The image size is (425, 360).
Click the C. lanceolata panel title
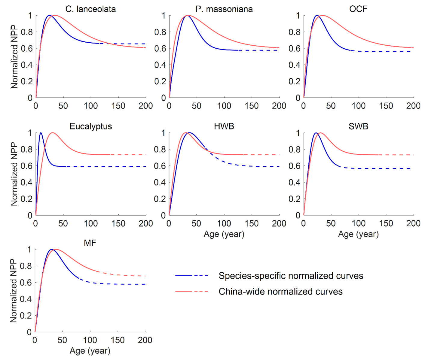coord(90,9)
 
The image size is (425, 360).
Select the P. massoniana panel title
coord(224,9)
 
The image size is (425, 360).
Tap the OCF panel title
coord(358,9)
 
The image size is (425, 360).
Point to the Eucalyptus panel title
coord(91,126)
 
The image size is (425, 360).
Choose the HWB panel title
coord(224,126)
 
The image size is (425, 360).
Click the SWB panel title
coord(358,126)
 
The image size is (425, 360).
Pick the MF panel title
coord(90,243)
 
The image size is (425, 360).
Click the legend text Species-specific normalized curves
coord(291,276)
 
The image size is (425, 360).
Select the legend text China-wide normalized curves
coord(280,292)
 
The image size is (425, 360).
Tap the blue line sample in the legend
coord(192,276)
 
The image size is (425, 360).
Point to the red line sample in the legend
coord(192,292)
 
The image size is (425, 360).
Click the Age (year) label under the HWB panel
coord(224,234)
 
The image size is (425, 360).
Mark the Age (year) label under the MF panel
coord(90,351)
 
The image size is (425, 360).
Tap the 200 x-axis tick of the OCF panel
coord(413,106)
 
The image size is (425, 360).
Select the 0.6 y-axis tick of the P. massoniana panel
coord(160,48)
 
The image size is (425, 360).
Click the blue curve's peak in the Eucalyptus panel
coord(41,133)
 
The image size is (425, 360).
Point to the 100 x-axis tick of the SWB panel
coord(359,223)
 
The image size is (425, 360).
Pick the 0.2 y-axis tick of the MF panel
coord(26,316)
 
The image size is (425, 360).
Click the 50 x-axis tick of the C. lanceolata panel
coord(63,106)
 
